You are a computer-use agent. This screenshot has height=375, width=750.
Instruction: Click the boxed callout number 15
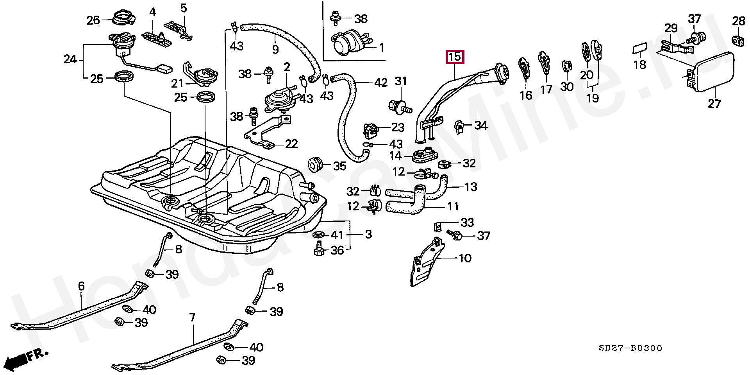pyautogui.click(x=455, y=57)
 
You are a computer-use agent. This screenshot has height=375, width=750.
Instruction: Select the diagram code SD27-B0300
pyautogui.click(x=631, y=348)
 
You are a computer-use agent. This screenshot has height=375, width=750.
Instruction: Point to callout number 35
pyautogui.click(x=339, y=166)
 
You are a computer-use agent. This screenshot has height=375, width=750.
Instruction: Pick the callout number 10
pyautogui.click(x=465, y=258)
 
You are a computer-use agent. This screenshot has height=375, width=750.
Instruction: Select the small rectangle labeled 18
pyautogui.click(x=639, y=49)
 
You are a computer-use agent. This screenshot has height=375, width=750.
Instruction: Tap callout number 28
pyautogui.click(x=739, y=21)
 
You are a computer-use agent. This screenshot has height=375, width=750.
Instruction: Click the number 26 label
pyautogui.click(x=93, y=20)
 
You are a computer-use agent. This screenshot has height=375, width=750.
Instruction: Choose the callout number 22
pyautogui.click(x=291, y=144)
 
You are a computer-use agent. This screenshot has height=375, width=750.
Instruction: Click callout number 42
pyautogui.click(x=380, y=83)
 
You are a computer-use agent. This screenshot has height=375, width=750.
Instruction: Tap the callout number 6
pyautogui.click(x=81, y=286)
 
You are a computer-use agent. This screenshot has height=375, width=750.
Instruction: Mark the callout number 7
pyautogui.click(x=192, y=318)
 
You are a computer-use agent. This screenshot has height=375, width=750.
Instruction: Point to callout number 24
pyautogui.click(x=70, y=60)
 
